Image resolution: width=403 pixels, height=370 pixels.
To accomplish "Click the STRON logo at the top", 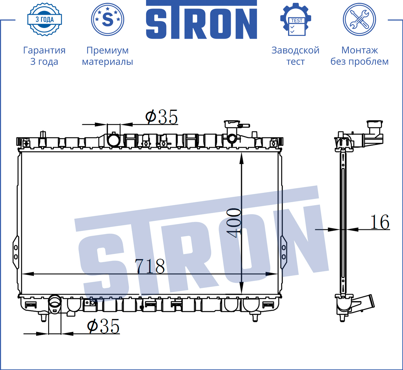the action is click(x=201, y=19).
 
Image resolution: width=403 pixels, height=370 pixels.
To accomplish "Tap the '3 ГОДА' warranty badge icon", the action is click(x=45, y=19).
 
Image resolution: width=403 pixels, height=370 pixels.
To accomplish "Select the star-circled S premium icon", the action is click(x=107, y=19).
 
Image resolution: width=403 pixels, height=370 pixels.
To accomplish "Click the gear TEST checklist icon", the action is click(x=296, y=19).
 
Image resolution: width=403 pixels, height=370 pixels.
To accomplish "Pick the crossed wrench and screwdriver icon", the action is click(x=360, y=19).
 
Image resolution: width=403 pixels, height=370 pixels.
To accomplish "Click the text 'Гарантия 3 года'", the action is click(x=44, y=56).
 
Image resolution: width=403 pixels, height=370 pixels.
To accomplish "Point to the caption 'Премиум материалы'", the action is click(x=107, y=56).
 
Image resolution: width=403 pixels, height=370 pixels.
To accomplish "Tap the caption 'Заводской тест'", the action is click(x=296, y=56).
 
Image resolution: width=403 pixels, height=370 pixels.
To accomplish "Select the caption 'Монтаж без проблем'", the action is click(x=360, y=56).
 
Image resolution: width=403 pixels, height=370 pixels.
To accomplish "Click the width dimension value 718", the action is click(x=150, y=266).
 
